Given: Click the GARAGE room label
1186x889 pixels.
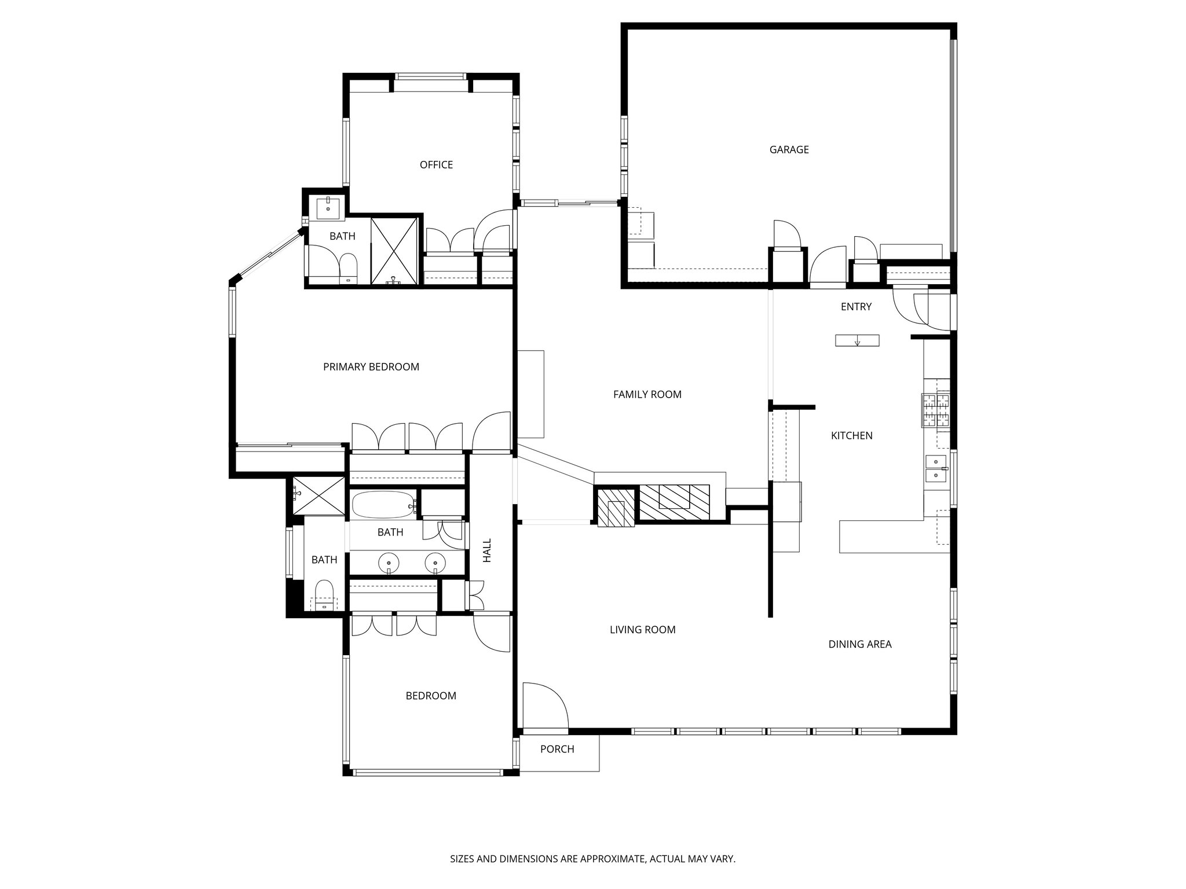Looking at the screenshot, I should pyautogui.click(x=789, y=150).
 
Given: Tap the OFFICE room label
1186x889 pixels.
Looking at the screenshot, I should pyautogui.click(x=436, y=165).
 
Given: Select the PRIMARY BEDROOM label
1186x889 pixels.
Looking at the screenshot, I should pyautogui.click(x=371, y=367).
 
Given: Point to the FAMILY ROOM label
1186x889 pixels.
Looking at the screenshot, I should pyautogui.click(x=647, y=395).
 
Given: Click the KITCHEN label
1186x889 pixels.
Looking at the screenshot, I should pyautogui.click(x=851, y=436).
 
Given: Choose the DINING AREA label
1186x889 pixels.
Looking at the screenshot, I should pyautogui.click(x=859, y=644).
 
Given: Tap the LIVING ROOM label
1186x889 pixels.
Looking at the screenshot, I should pyautogui.click(x=642, y=630).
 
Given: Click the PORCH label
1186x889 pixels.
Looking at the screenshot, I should pyautogui.click(x=557, y=749).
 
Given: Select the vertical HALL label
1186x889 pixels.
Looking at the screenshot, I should pyautogui.click(x=487, y=550).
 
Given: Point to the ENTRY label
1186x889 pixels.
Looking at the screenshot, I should pyautogui.click(x=856, y=307).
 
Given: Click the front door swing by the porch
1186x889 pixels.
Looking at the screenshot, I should pyautogui.click(x=544, y=706).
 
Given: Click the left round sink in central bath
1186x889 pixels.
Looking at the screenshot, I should pyautogui.click(x=388, y=563).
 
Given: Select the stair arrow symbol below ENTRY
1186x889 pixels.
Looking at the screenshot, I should pyautogui.click(x=857, y=341).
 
